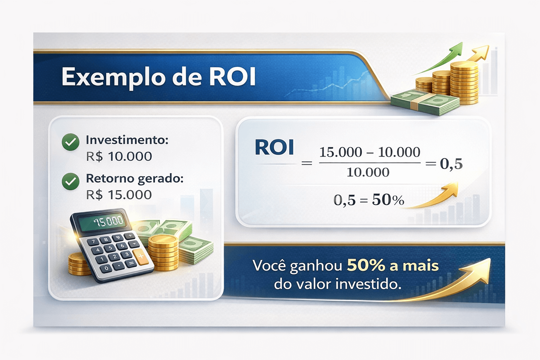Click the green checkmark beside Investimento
tap(70, 142)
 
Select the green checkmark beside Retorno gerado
tap(70, 181)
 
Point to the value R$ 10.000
tap(119, 156)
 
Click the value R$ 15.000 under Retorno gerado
tap(119, 195)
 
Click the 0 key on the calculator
tap(106, 268)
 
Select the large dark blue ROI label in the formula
tap(274, 148)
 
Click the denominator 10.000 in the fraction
tap(368, 172)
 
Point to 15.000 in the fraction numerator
tap(340, 152)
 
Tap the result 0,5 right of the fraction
tap(451, 163)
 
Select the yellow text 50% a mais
tap(393, 265)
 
